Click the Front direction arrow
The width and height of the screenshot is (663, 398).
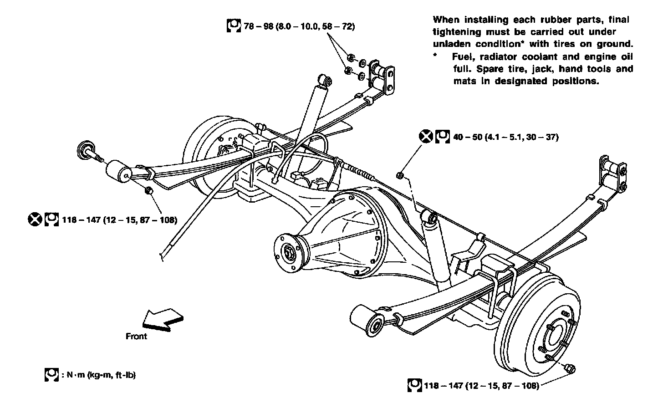pos(162,318)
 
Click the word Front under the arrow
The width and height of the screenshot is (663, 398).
pos(136,337)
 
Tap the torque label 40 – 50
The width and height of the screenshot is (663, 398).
pos(505,137)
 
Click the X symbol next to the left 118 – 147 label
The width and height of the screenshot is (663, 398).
pos(34,220)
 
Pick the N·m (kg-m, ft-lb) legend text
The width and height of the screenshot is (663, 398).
pos(98,375)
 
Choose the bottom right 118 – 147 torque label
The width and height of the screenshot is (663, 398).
pos(481,386)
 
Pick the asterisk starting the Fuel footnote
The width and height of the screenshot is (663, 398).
pos(435,56)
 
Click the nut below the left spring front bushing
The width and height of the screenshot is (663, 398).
pos(148,190)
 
